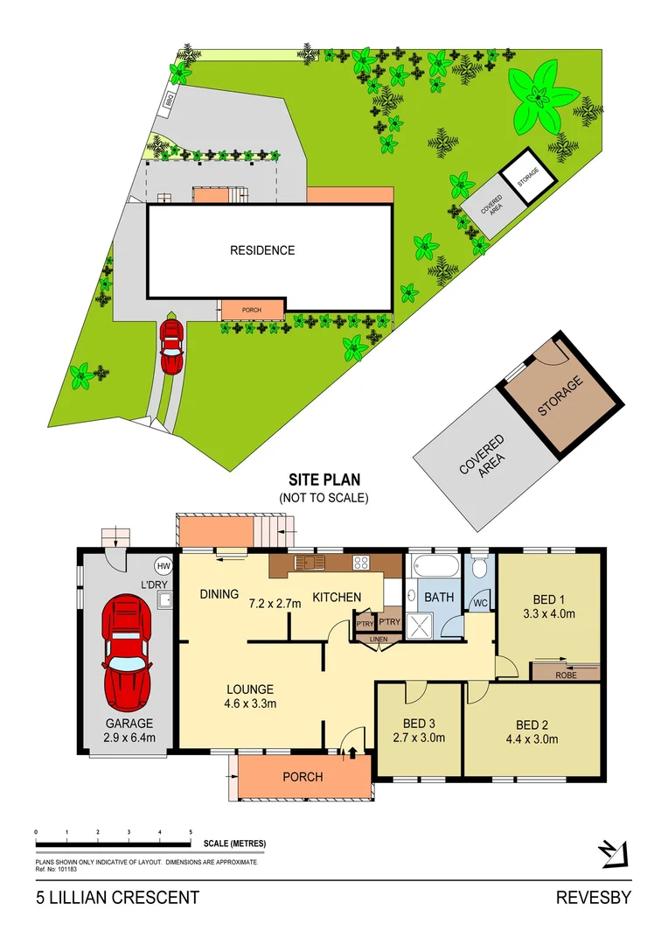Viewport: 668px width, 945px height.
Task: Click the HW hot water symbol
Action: [164, 564]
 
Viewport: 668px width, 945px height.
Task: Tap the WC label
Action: [480, 604]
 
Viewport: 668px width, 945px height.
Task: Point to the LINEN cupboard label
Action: [378, 640]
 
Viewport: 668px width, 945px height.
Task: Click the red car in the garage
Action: [127, 652]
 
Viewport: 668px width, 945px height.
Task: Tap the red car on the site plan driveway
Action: [171, 345]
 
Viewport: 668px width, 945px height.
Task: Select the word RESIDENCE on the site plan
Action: [262, 250]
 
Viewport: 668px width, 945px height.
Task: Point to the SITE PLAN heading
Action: [324, 479]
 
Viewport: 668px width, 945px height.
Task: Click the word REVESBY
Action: [594, 898]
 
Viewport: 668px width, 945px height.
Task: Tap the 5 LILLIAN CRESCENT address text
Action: [117, 898]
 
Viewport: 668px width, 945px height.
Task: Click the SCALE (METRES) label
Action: [234, 843]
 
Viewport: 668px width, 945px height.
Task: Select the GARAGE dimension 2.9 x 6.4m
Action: [129, 738]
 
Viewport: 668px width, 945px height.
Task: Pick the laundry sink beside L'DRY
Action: [163, 599]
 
